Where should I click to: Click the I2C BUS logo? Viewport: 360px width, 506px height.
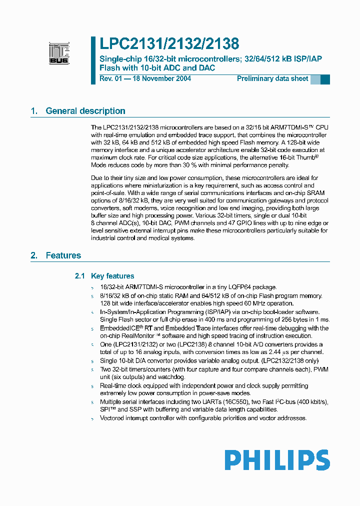(x=59, y=53)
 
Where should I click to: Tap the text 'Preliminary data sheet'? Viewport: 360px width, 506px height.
(x=272, y=78)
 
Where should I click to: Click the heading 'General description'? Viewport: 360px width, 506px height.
(x=85, y=111)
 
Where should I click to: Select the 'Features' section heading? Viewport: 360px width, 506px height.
(x=63, y=255)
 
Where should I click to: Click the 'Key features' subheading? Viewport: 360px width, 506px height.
(x=112, y=276)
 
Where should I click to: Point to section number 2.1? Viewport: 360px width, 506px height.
(x=80, y=276)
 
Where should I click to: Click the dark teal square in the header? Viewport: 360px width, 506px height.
(x=325, y=79)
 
